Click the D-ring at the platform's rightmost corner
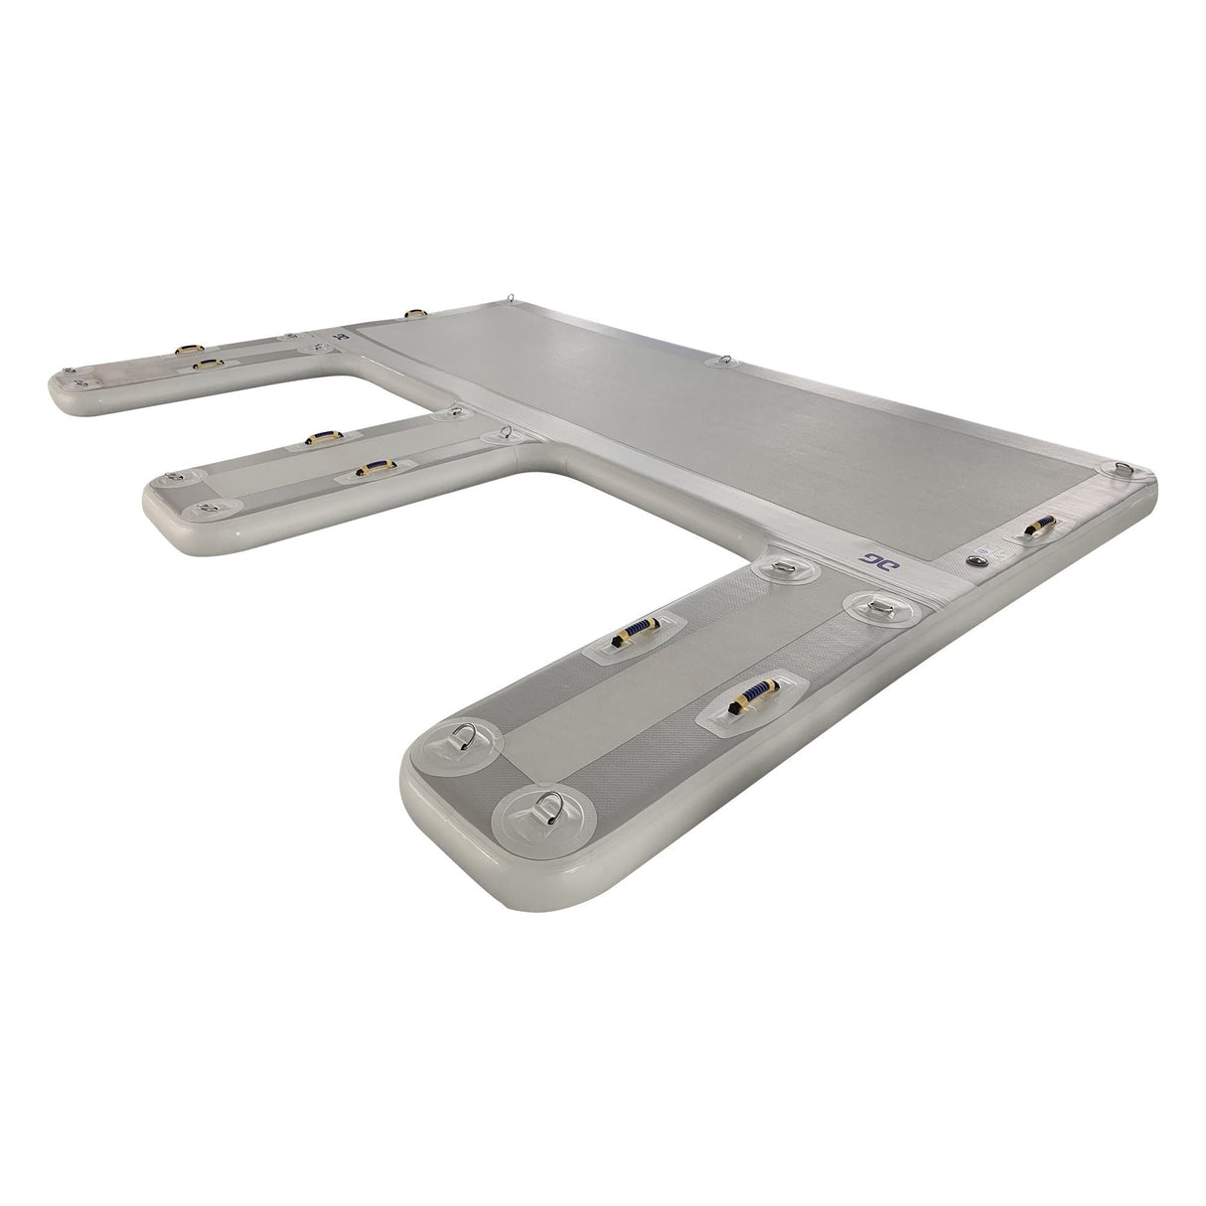(1122, 467)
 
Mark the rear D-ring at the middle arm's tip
(178, 479)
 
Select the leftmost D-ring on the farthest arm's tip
(74, 377)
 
